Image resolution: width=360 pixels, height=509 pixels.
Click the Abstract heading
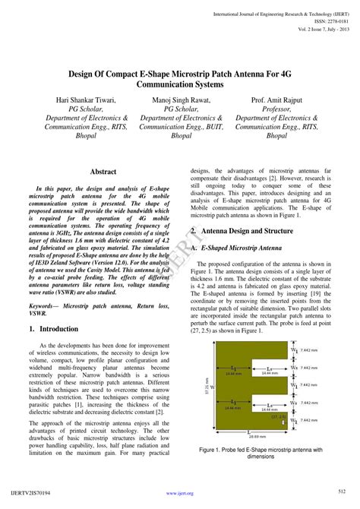tap(103, 172)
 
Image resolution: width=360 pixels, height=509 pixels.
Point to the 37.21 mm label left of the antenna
tap(207, 387)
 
